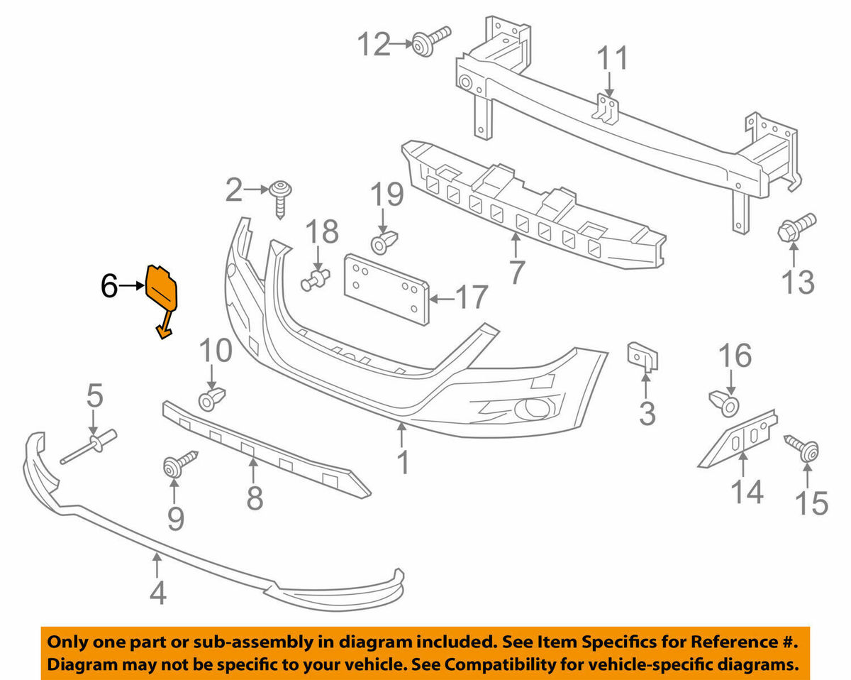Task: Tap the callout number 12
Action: point(374,44)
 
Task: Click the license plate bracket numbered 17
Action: point(387,290)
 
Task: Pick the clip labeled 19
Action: point(384,241)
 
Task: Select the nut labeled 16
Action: point(725,404)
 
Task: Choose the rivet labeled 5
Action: point(92,446)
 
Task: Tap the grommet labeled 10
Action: point(211,398)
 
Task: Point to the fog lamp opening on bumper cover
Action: point(529,409)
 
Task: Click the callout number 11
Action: point(612,59)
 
